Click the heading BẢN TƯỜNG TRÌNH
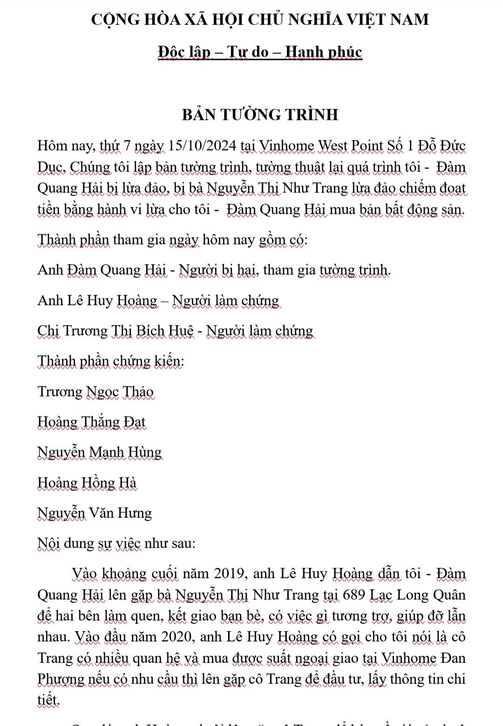tap(260, 114)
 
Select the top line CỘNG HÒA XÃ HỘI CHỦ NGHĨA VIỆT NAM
tap(260, 20)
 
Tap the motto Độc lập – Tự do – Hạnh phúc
tap(260, 52)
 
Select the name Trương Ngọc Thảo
tap(95, 392)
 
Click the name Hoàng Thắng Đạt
tap(92, 422)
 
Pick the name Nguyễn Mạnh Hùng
tap(100, 452)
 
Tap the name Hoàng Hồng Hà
tap(87, 483)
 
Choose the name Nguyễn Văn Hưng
tap(95, 513)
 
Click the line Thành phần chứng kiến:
tap(111, 361)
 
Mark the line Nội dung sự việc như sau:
tap(116, 543)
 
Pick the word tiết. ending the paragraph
tap(48, 700)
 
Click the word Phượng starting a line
tap(59, 679)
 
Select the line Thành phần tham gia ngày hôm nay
tap(172, 240)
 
